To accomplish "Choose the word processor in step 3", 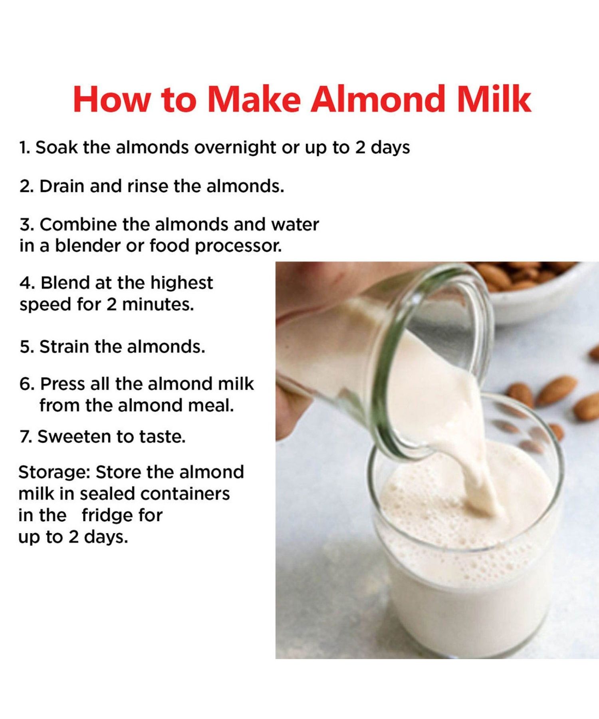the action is [x=238, y=246].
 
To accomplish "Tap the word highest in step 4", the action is [x=182, y=283].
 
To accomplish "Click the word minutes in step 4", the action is [x=158, y=305].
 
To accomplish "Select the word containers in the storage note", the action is [x=185, y=494].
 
